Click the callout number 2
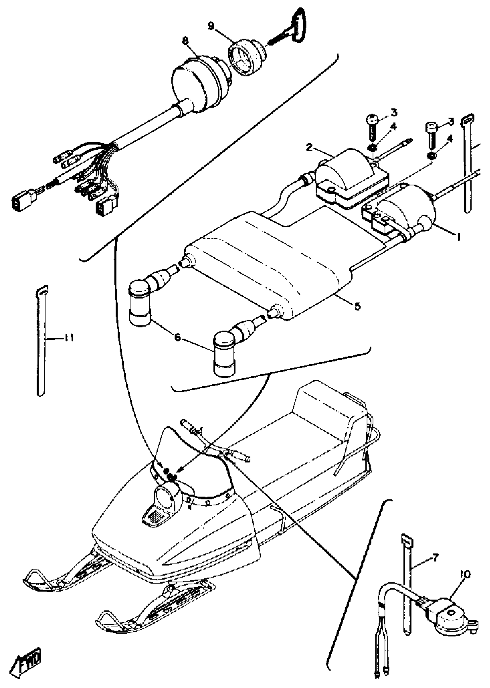[309, 148]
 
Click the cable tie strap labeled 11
[41, 341]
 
